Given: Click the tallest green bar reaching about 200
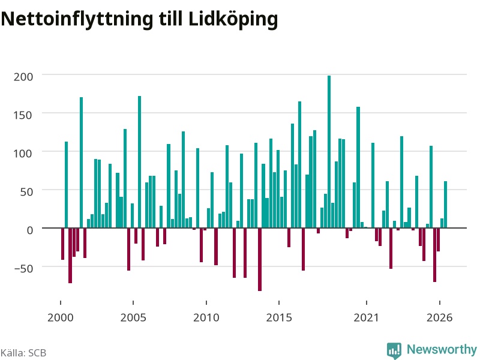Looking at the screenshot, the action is click(x=329, y=152).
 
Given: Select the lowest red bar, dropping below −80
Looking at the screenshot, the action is click(x=260, y=259).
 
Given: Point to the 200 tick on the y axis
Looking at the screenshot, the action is click(x=23, y=77).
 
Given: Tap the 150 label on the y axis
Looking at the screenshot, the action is click(x=23, y=115).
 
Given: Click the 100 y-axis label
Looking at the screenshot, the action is click(x=23, y=154).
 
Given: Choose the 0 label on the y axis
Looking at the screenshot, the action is click(x=29, y=230).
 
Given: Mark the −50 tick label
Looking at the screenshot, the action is click(x=23, y=268).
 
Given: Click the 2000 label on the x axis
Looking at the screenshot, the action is click(x=61, y=317).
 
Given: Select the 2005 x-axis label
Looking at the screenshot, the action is click(x=133, y=317).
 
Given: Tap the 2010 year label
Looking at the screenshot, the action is click(x=206, y=317).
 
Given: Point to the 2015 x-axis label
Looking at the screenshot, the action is click(x=279, y=317).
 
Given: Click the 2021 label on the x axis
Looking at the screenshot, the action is click(x=367, y=317).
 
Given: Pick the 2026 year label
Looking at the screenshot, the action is click(x=440, y=317).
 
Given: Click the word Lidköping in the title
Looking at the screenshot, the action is click(x=233, y=20).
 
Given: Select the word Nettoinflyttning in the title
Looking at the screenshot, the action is click(x=77, y=20).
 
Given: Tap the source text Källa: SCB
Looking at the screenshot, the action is click(x=23, y=353).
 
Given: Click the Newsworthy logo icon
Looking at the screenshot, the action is click(x=394, y=350).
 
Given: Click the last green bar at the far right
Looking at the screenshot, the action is click(x=445, y=205).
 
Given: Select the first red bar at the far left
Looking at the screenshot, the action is click(x=63, y=244).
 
